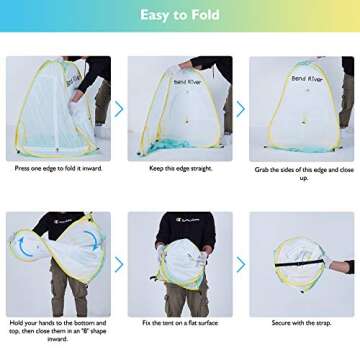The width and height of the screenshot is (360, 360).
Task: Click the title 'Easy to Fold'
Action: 180,15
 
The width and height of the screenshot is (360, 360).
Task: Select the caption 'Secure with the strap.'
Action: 301,323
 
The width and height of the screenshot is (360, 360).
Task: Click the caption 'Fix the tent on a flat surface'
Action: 179,323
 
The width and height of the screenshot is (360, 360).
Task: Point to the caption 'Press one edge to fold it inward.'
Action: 58,168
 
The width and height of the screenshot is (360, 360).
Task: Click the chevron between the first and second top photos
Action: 119,108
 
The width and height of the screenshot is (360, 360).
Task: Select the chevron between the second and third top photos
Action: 240,108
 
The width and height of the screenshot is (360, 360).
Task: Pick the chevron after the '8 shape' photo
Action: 119,264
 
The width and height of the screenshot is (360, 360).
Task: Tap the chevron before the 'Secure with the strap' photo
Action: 240,264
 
